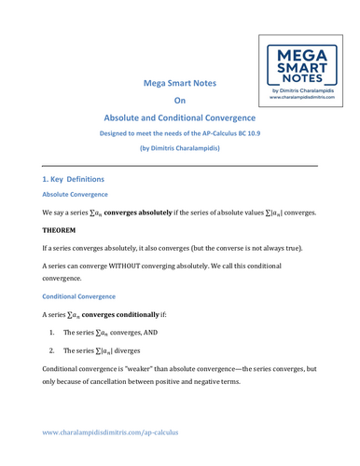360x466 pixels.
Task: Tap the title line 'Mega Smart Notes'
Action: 180,83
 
